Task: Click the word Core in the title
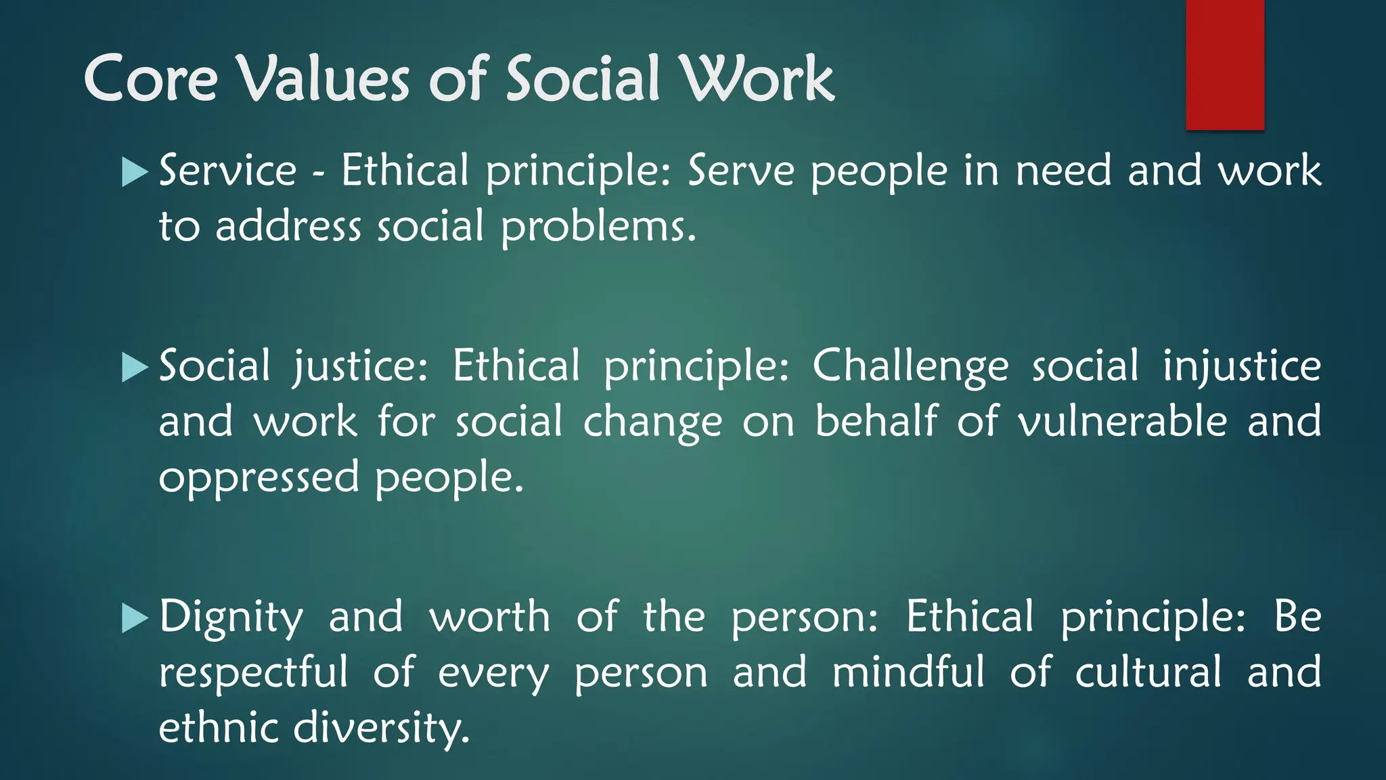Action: [150, 79]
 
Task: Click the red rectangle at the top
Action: [1225, 64]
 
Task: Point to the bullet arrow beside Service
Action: [134, 172]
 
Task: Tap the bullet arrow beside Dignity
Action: [134, 618]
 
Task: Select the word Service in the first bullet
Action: [227, 171]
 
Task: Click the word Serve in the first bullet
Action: [741, 171]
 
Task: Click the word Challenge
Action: [910, 367]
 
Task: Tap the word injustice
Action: [1241, 367]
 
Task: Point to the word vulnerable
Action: [1122, 422]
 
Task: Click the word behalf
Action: [876, 422]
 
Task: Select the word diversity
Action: [381, 729]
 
